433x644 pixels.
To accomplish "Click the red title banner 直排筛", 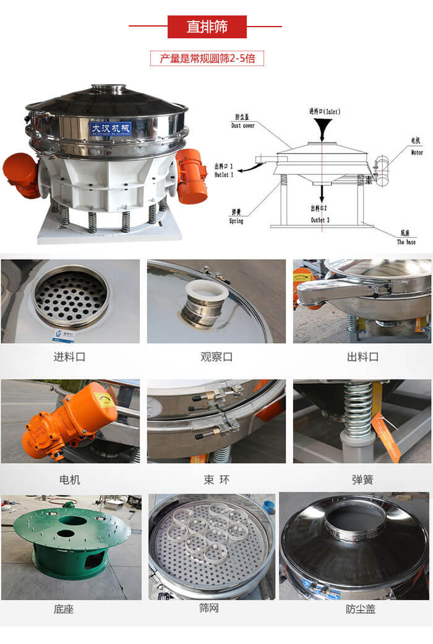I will coord(207,27).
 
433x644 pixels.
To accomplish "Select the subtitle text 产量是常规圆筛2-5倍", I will coord(207,59).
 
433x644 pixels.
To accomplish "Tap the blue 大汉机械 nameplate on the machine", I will coord(111,128).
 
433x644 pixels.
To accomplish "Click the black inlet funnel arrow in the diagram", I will coord(322,129).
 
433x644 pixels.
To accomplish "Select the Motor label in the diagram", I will coord(417,148).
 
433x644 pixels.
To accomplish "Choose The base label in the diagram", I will coord(406,238).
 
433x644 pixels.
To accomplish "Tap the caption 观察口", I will coord(216,357).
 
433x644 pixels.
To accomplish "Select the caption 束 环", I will coord(216,480).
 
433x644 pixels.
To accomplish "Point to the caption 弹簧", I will coord(362,480).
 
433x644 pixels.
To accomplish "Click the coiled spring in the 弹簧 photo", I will coord(358,409).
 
